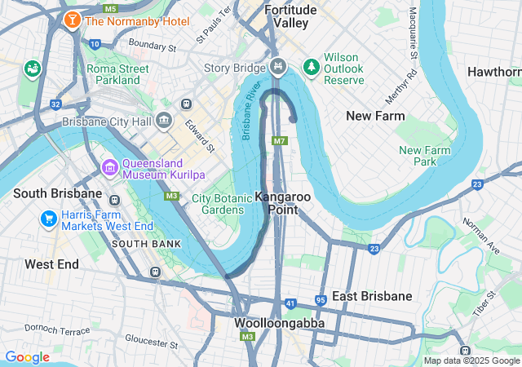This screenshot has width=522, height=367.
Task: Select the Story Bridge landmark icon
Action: (279, 64)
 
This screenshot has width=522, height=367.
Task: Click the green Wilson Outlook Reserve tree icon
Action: (310, 64)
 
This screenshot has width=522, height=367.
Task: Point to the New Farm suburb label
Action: (375, 116)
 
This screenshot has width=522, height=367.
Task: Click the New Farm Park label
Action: (424, 156)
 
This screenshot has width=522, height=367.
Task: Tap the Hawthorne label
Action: (494, 72)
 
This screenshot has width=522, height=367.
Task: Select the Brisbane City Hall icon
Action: (164, 122)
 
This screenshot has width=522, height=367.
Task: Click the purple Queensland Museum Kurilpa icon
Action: (109, 168)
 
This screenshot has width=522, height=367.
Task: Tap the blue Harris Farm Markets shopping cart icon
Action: (48, 219)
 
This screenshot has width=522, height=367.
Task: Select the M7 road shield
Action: (280, 141)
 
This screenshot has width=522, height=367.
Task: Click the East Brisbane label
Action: (372, 296)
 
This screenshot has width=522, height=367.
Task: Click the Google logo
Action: (27, 357)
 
